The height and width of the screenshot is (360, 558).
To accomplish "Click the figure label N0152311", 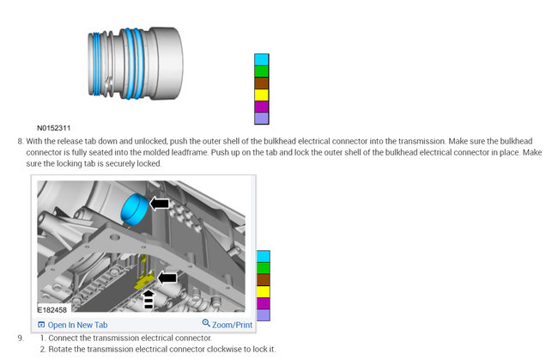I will coord(54,128).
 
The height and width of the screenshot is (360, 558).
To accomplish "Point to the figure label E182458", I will coord(52,308).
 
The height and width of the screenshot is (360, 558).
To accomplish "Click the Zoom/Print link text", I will coord(233,325).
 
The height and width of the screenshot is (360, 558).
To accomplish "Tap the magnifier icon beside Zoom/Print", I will coord(206,324).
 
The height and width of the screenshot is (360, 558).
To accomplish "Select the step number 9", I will coord(20,338).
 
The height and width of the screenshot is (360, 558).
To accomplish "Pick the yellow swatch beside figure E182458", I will coord(263,292).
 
